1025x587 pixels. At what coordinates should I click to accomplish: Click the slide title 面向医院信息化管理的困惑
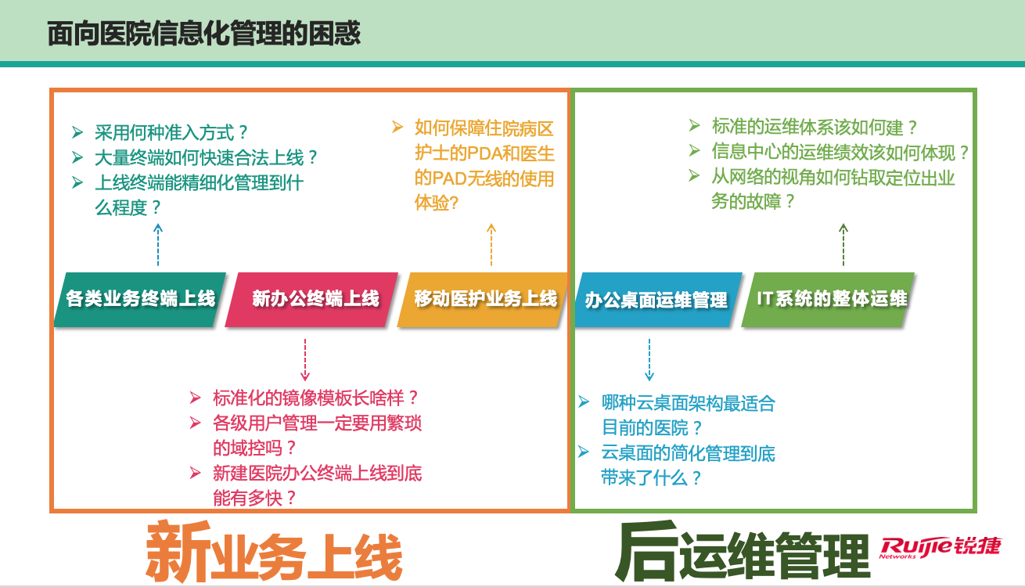204,34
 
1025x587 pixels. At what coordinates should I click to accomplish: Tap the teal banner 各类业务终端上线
140,300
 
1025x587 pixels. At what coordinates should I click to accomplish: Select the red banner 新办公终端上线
311,300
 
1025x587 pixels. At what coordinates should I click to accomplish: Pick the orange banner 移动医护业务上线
484,300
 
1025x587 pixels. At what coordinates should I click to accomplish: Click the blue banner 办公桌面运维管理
658,300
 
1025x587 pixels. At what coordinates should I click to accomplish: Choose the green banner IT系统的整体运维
828,300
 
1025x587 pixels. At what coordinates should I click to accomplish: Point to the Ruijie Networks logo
940,548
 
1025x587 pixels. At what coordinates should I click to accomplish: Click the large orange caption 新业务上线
274,553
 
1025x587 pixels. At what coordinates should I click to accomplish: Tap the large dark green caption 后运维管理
743,551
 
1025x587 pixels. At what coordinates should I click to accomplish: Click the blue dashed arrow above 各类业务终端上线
158,244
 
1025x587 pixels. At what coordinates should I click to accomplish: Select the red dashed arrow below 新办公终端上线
305,360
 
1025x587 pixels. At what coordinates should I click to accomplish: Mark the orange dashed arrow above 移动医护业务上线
491,244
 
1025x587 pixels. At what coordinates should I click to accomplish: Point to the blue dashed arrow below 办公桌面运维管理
649,360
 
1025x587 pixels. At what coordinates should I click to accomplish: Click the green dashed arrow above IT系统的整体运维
843,244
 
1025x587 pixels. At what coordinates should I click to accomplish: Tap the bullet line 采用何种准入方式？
171,133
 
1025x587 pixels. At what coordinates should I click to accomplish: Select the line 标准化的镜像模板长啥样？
315,398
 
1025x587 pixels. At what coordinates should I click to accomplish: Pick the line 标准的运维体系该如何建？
815,127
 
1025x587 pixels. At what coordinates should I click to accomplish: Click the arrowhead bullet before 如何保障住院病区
397,127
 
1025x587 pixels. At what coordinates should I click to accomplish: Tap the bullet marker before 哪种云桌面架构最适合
584,402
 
